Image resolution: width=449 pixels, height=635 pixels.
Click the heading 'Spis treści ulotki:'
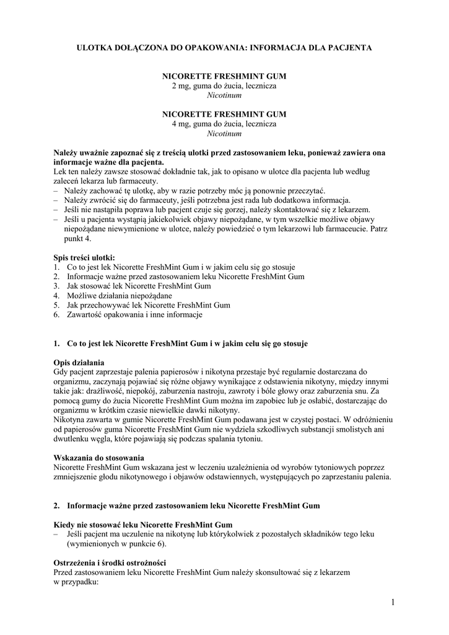point(84,257)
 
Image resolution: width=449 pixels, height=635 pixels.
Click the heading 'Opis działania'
point(79,362)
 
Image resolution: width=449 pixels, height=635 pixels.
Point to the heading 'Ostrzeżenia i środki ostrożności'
point(109,563)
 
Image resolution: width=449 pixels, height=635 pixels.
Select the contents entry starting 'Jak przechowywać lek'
point(149,305)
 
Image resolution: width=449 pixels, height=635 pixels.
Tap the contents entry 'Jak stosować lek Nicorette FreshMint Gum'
point(139,286)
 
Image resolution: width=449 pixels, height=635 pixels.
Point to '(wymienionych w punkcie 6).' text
point(116,544)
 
